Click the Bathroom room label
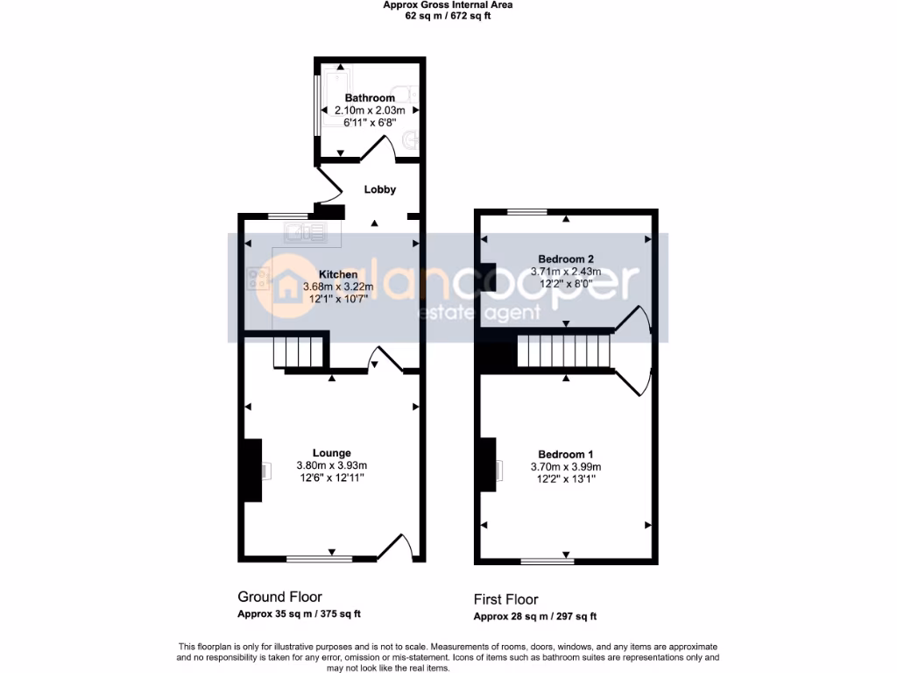coord(369,98)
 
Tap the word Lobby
coord(379,189)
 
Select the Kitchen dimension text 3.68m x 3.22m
coord(338,287)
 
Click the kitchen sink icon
coord(304,231)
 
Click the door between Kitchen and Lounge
coord(385,359)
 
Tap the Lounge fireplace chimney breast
coord(251,470)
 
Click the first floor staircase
coord(562,352)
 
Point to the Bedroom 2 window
coord(527,211)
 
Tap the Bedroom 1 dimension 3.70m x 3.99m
coord(566,467)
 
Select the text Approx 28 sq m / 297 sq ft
coord(534,616)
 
